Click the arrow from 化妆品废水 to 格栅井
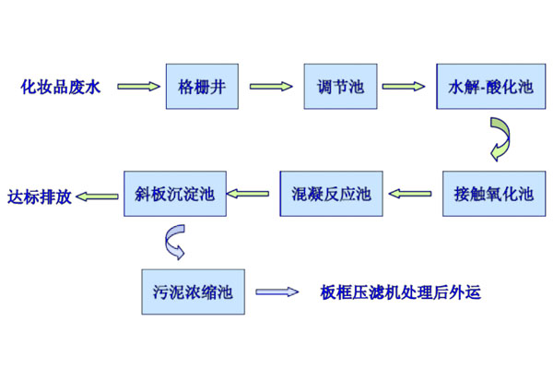[x=136, y=88]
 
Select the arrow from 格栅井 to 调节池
[x=265, y=88]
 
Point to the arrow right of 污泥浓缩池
[x=276, y=293]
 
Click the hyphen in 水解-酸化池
[x=473, y=89]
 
